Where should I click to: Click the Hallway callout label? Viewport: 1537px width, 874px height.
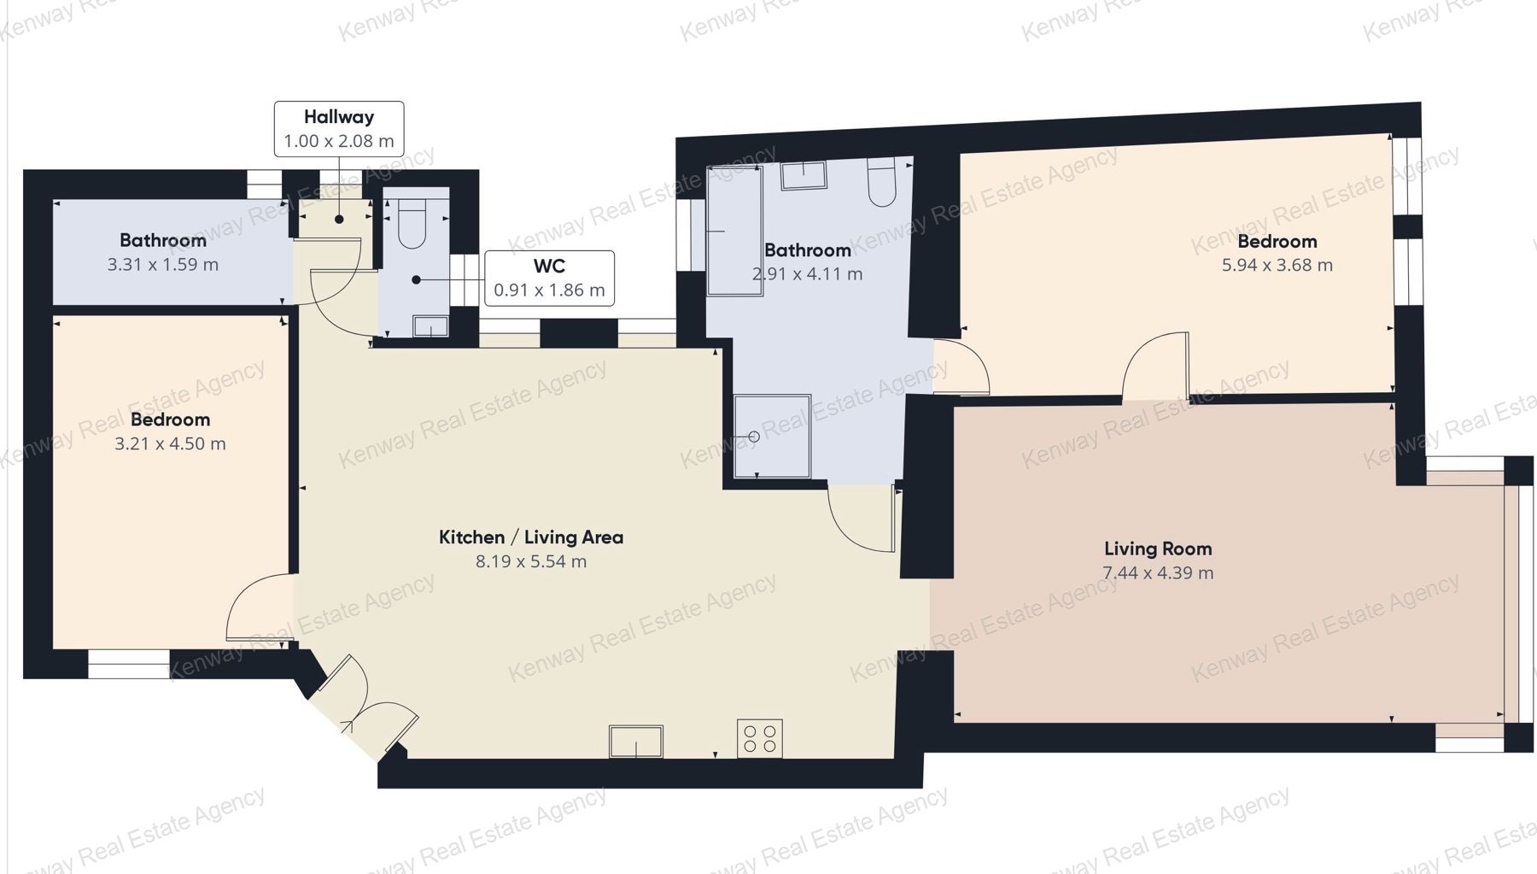point(339,129)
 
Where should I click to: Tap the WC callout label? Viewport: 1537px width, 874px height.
point(549,279)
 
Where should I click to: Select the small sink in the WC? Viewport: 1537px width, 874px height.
point(430,326)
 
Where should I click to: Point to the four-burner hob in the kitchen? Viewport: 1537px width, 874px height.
point(760,738)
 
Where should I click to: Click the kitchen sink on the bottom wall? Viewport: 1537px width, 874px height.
point(636,742)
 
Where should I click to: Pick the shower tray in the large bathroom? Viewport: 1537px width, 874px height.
point(773,436)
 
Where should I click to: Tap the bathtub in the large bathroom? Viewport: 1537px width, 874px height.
point(734,231)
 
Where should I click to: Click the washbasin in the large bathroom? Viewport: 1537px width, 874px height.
point(804,175)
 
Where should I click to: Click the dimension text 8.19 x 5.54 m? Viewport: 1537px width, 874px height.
point(531,561)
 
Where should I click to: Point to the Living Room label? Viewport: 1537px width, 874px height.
point(1158,548)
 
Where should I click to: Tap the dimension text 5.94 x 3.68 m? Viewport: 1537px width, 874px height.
point(1277,265)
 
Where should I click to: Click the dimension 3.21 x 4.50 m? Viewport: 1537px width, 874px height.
point(170,443)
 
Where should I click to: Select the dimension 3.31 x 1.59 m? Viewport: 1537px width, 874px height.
point(163,265)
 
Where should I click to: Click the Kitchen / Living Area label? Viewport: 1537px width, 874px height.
point(531,537)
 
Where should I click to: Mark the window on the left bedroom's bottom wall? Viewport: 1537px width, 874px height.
point(129,665)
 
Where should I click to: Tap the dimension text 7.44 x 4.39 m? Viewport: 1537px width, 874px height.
point(1158,572)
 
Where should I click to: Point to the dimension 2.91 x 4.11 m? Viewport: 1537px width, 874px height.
point(807,274)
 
